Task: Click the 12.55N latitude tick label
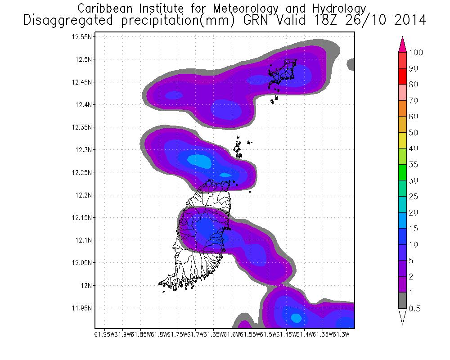click(82, 37)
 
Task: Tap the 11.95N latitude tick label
click(82, 308)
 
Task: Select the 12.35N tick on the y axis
click(82, 127)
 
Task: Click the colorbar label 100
click(416, 53)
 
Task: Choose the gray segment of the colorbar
click(403, 300)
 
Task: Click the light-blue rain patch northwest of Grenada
click(198, 160)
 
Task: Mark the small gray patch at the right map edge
click(351, 65)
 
